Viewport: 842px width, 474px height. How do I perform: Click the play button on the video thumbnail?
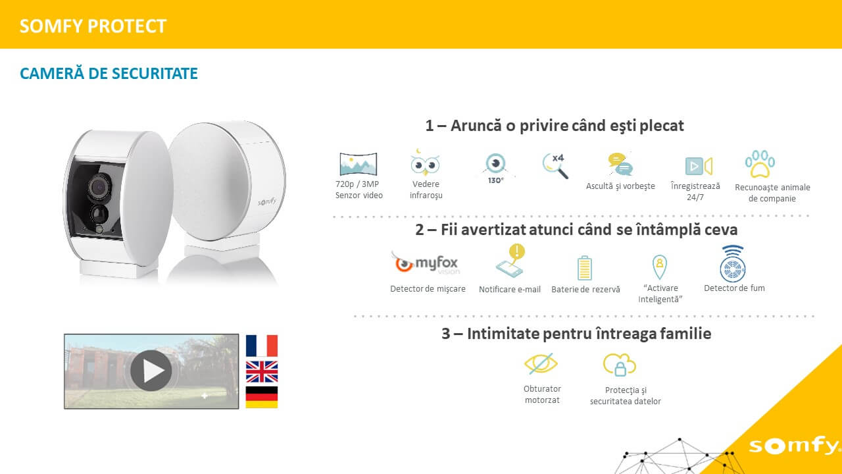click(x=151, y=371)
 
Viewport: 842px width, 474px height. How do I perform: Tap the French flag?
click(x=262, y=346)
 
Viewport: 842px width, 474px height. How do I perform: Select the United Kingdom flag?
click(x=262, y=372)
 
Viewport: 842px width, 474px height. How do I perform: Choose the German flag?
click(x=262, y=397)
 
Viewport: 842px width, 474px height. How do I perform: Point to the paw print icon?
click(x=760, y=164)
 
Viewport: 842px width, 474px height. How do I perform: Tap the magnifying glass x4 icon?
click(x=555, y=165)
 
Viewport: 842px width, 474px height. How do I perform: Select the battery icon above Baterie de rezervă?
click(x=585, y=268)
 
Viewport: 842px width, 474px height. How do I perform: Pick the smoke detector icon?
click(x=733, y=263)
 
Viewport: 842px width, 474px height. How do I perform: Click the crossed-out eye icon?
click(x=541, y=363)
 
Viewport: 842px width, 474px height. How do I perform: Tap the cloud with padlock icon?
click(x=620, y=365)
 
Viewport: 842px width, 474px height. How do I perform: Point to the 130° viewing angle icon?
click(x=496, y=168)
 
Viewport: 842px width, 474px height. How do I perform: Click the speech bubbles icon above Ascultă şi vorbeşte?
click(x=620, y=164)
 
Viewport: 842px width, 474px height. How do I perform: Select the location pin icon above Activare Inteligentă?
click(x=660, y=267)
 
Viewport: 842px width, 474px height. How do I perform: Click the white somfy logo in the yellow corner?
click(x=794, y=446)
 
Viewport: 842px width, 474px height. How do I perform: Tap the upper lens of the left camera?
click(x=99, y=188)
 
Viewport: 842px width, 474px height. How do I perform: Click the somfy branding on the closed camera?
click(x=267, y=201)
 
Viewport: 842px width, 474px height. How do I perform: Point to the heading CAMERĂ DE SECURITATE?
click(x=109, y=73)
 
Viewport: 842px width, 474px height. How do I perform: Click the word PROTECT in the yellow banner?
click(x=127, y=26)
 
